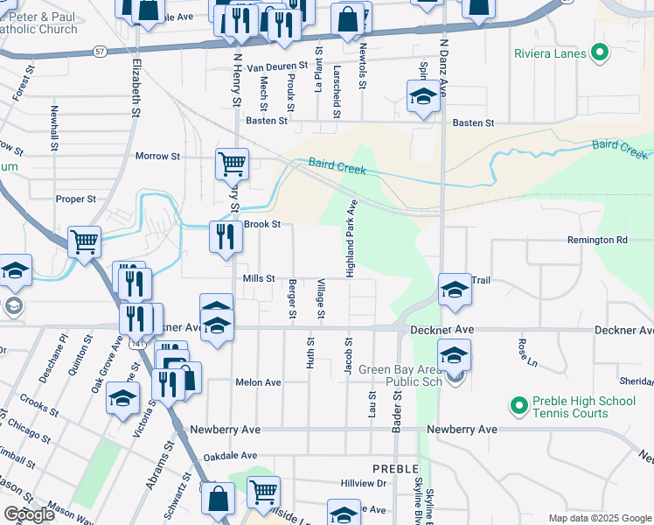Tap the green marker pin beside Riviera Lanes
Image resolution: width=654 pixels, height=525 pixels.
(x=599, y=53)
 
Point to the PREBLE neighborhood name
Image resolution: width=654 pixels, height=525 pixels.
(x=395, y=470)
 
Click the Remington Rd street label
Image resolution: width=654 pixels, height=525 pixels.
(x=597, y=240)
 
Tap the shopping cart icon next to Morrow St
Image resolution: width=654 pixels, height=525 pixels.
(x=233, y=164)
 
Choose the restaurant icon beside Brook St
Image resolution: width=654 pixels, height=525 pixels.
(x=226, y=236)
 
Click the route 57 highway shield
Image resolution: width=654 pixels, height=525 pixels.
(x=101, y=52)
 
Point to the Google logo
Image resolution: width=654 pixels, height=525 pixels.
(x=30, y=514)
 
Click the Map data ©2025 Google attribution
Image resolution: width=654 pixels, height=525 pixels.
(x=599, y=518)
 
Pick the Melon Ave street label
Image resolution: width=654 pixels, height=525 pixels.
(x=258, y=382)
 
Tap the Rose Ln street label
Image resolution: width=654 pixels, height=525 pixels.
(x=525, y=351)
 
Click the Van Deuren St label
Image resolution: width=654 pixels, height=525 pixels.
(x=278, y=66)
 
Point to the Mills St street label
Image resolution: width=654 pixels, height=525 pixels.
(x=259, y=278)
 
